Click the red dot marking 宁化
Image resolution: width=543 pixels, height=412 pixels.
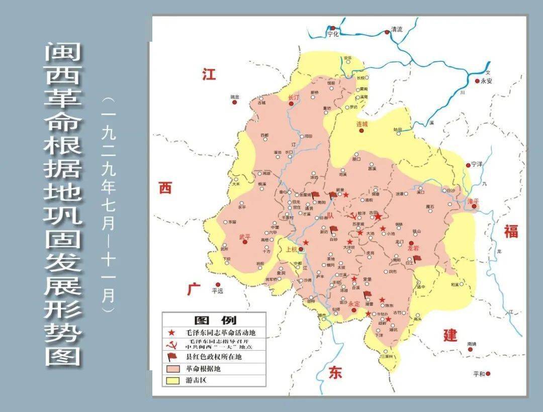click(332, 29)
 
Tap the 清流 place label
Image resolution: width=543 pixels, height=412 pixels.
click(397, 29)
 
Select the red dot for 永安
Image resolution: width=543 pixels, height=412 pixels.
click(477, 80)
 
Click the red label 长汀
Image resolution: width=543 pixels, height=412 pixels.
click(293, 97)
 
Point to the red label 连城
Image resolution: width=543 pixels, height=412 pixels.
click(362, 124)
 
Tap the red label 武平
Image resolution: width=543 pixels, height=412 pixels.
click(245, 236)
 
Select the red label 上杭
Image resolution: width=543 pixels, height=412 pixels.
click(292, 249)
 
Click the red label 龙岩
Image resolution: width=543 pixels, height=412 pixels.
click(413, 248)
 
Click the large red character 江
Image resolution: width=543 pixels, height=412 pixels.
click(209, 74)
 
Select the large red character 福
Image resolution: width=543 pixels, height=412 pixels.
click(511, 232)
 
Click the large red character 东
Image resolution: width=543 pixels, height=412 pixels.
click(335, 372)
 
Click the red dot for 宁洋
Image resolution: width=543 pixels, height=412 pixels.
click(468, 164)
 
